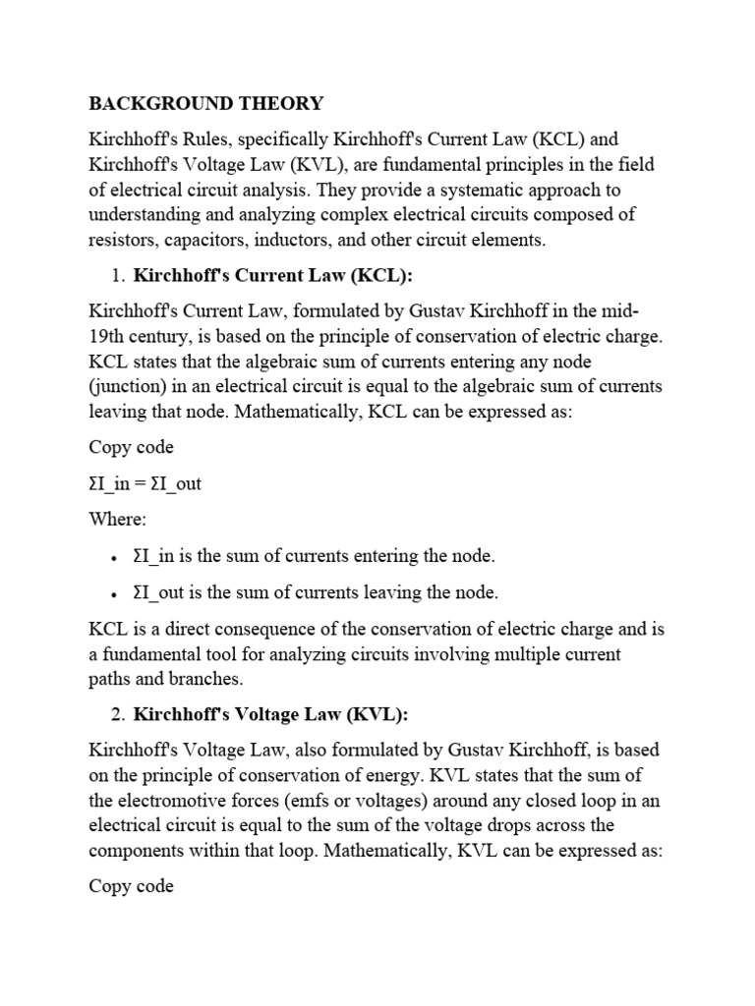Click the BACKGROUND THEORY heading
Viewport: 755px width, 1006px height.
click(x=205, y=103)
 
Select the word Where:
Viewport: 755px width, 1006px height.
click(x=117, y=518)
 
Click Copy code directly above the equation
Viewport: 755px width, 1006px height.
click(x=132, y=447)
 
